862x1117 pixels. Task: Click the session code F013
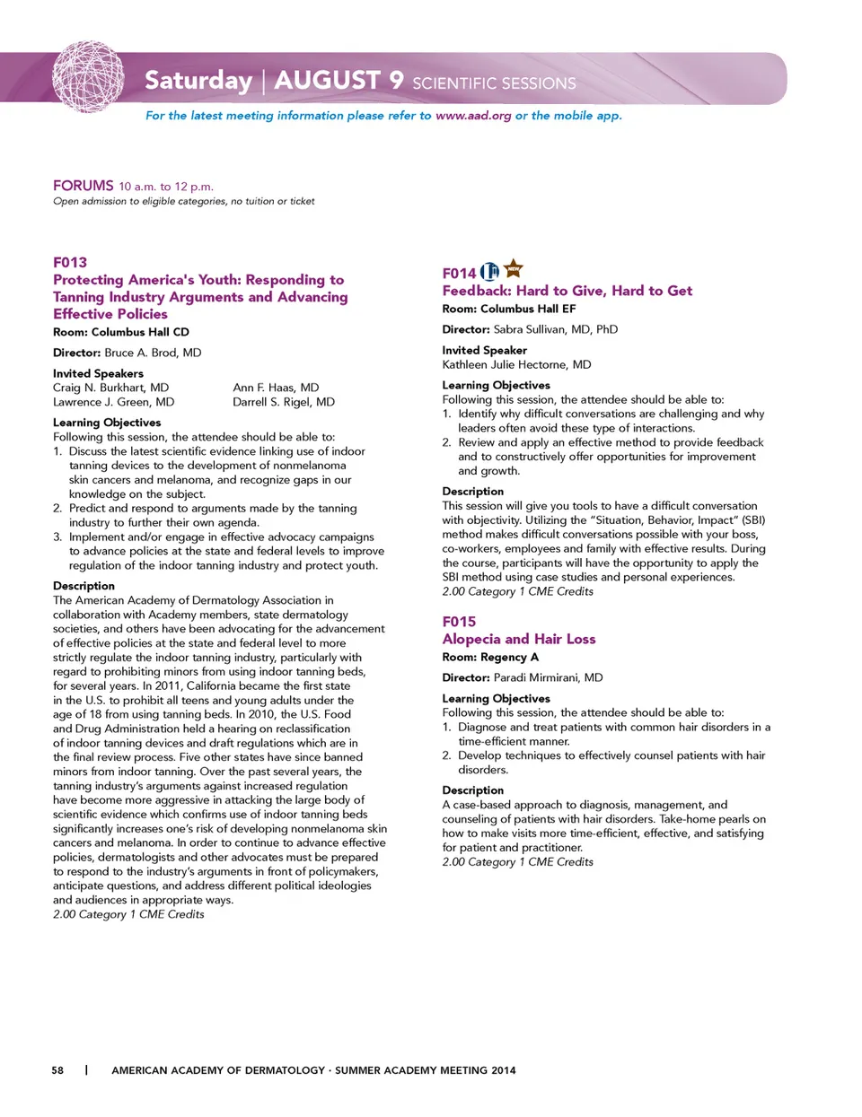tap(70, 262)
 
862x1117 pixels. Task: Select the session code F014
tap(459, 273)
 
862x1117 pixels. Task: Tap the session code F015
tap(459, 621)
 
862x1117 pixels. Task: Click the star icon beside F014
tap(514, 268)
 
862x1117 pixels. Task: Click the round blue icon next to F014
tap(489, 272)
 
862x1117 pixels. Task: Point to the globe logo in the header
tap(88, 77)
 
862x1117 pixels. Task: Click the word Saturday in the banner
tap(198, 81)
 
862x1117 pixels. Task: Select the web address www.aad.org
tap(473, 116)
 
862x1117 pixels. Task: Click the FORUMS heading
tap(84, 186)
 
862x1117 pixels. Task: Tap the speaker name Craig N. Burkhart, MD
tap(110, 388)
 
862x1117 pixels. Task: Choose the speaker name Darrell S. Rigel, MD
tap(284, 402)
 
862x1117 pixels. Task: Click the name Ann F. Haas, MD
tap(276, 388)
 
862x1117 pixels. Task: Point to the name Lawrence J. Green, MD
tap(113, 402)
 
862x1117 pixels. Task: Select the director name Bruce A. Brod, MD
tap(153, 353)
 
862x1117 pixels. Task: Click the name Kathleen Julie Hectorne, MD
tap(516, 364)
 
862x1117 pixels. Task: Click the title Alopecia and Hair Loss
tap(519, 639)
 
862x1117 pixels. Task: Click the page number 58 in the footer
tap(57, 1069)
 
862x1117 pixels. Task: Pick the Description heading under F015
tap(472, 790)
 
